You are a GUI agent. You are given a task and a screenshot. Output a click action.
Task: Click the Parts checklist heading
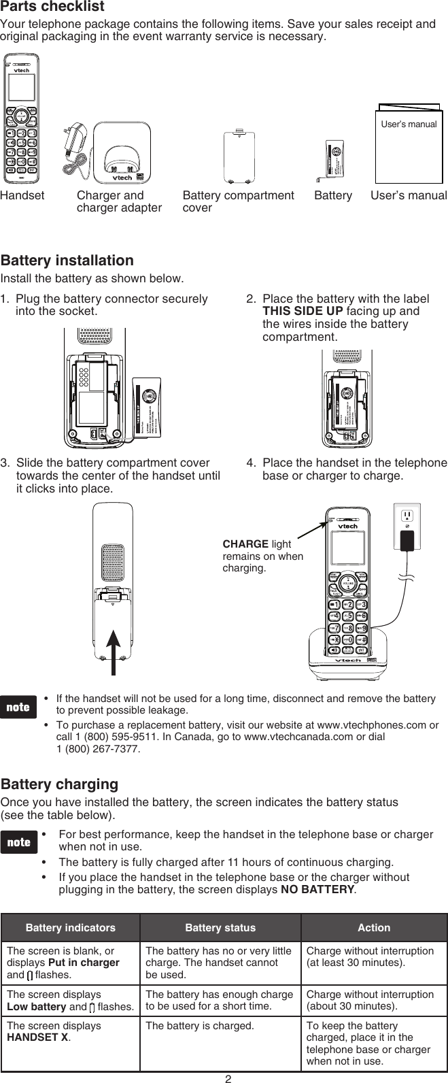52,7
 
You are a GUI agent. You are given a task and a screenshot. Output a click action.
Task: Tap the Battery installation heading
67,261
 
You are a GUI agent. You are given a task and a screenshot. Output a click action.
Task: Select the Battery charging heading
59,784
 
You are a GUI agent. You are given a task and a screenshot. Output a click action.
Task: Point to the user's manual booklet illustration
408,143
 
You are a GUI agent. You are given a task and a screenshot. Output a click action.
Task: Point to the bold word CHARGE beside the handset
245,545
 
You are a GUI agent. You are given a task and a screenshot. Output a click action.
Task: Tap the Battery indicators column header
70,928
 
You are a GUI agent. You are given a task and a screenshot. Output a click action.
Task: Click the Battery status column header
220,928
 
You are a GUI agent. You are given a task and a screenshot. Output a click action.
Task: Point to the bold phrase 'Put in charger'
89,963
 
